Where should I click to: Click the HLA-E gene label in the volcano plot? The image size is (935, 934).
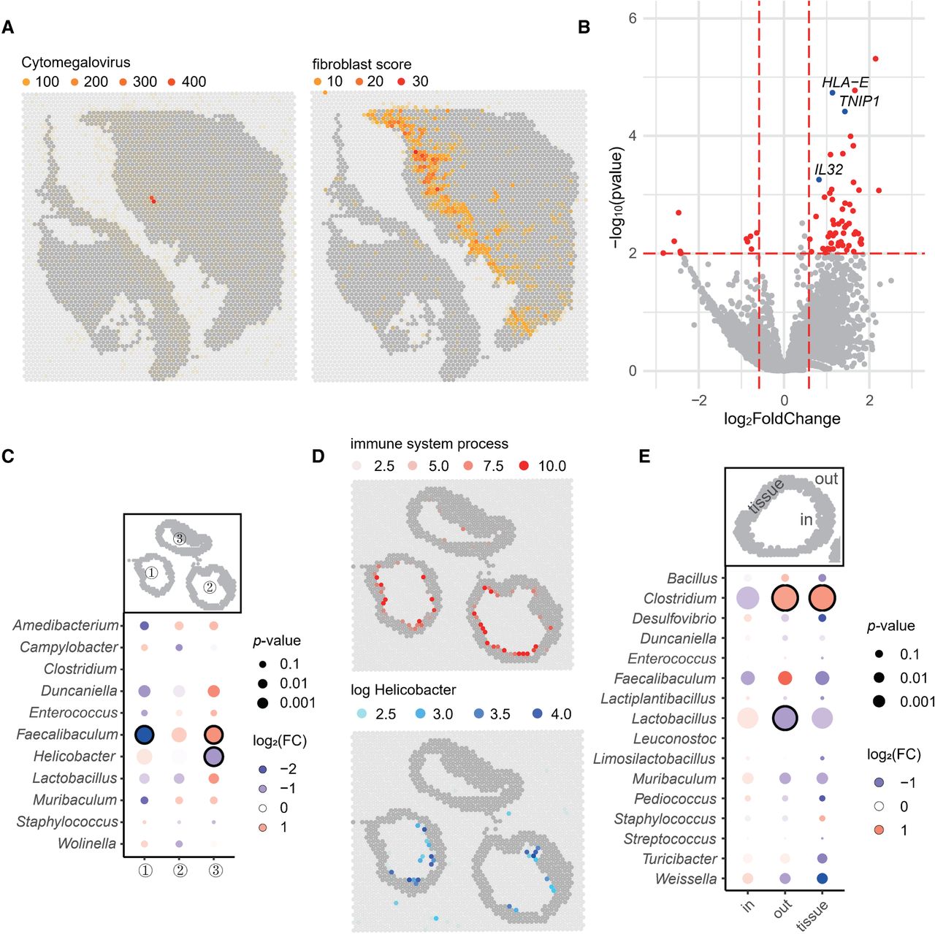coord(844,82)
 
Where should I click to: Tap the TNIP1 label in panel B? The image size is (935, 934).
coord(859,101)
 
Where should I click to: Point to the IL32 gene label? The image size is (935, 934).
coord(828,169)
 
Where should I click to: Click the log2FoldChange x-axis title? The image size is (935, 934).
coord(782,418)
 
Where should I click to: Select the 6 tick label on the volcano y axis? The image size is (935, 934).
coord(633,18)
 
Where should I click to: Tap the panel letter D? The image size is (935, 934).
coord(318,456)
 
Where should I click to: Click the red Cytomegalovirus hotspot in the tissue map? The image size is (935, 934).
coord(153,199)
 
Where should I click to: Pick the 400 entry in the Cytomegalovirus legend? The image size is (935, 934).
coord(187,82)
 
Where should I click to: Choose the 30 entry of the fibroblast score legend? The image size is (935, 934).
coord(414,81)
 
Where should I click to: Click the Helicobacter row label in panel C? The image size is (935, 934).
coord(75,756)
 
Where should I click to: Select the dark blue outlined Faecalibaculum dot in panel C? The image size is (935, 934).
coord(144,735)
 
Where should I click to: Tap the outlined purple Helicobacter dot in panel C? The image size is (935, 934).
coord(213,756)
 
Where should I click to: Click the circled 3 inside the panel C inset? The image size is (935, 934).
coord(180,538)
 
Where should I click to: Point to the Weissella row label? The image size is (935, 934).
coord(686,879)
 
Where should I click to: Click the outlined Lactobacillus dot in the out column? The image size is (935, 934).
coord(785,718)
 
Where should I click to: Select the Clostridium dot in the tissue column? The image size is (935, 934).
coord(822,598)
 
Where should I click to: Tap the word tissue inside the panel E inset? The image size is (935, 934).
coord(766,496)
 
